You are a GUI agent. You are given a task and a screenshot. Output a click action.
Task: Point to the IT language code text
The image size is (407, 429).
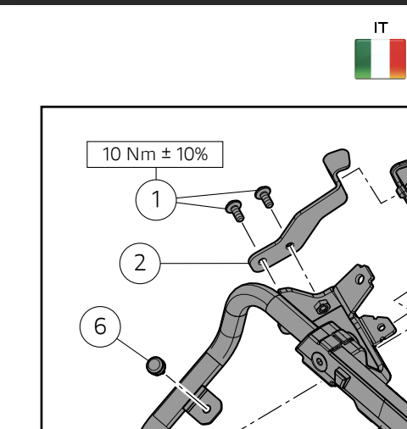(381, 28)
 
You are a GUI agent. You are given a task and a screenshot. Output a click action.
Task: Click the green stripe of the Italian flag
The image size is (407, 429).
(363, 59)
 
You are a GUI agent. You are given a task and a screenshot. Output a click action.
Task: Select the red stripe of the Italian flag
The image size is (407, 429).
(398, 59)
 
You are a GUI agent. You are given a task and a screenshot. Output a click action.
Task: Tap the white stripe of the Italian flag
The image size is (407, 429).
(381, 59)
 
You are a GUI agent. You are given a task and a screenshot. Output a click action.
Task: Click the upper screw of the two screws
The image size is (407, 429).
(265, 197)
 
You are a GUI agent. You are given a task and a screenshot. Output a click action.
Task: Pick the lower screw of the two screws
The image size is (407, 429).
(235, 210)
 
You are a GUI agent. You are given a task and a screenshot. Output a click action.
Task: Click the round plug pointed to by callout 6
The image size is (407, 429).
(156, 366)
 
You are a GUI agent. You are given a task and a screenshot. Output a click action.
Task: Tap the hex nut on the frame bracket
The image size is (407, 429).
(323, 307)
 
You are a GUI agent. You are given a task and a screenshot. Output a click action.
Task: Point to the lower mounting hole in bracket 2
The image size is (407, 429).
(261, 261)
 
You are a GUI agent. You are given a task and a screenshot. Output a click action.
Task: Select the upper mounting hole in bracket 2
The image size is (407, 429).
(289, 245)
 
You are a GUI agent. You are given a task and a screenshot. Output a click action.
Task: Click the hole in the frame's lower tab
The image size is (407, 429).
(207, 408)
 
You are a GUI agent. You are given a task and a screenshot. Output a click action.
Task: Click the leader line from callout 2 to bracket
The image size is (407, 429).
(204, 264)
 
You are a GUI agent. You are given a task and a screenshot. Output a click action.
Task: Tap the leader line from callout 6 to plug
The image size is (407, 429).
(132, 349)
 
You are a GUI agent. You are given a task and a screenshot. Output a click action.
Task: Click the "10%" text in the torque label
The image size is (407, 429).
(192, 154)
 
